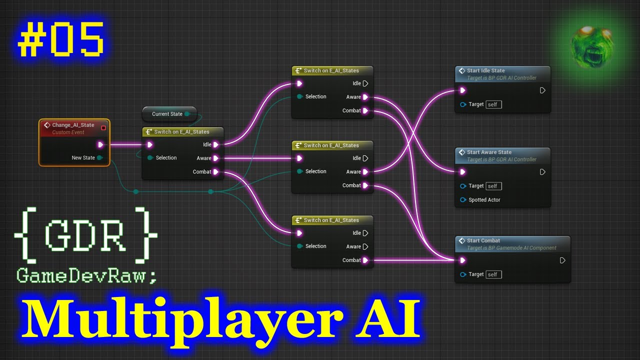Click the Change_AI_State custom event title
tap(72, 125)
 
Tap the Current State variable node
tap(168, 114)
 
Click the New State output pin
tap(100, 158)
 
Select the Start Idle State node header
tap(485, 71)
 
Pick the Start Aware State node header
tap(489, 152)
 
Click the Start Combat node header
tap(483, 240)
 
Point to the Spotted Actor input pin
tap(462, 200)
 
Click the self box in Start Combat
tap(493, 274)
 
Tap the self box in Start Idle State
tap(493, 104)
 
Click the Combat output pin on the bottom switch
tap(365, 260)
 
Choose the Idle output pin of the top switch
tap(365, 83)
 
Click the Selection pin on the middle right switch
tap(299, 171)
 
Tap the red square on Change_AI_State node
tap(103, 127)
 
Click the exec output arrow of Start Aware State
tap(542, 172)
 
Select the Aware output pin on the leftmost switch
tap(215, 158)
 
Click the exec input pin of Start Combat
tap(462, 260)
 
